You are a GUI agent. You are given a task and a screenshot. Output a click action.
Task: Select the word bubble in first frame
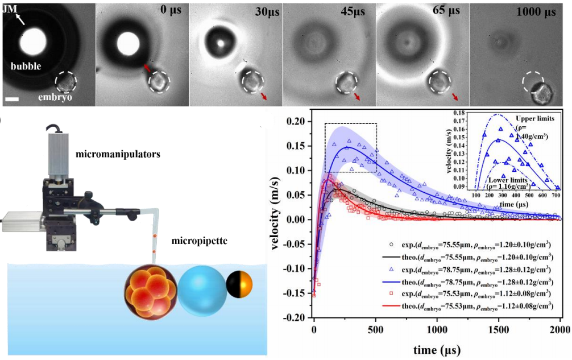(25, 66)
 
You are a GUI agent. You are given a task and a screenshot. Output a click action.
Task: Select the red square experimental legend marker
(391, 293)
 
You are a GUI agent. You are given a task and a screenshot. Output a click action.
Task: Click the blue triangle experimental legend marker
(391, 268)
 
